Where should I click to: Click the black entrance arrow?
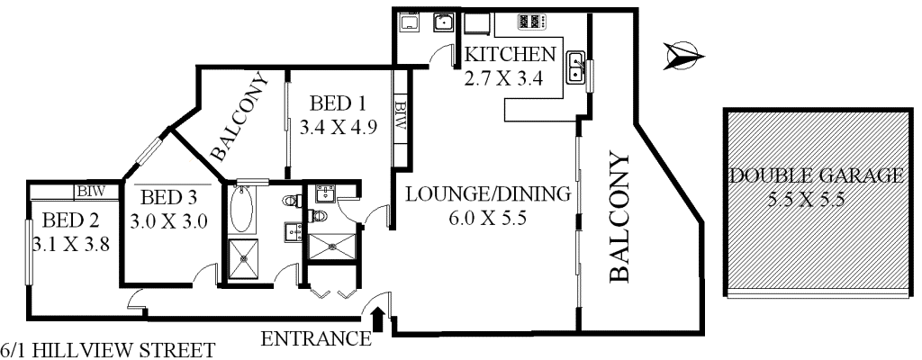379,320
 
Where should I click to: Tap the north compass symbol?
683,57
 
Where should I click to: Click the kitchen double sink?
575,67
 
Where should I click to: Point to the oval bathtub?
241,210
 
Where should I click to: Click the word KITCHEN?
510,55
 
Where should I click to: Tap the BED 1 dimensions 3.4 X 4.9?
339,127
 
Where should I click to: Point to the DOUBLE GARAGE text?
816,175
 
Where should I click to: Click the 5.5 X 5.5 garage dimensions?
806,200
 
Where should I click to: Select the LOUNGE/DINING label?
488,193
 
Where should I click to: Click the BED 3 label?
168,196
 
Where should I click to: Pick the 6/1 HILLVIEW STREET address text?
108,351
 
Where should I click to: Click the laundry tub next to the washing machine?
442,23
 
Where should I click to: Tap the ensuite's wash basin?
324,193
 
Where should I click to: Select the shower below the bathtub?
243,258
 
